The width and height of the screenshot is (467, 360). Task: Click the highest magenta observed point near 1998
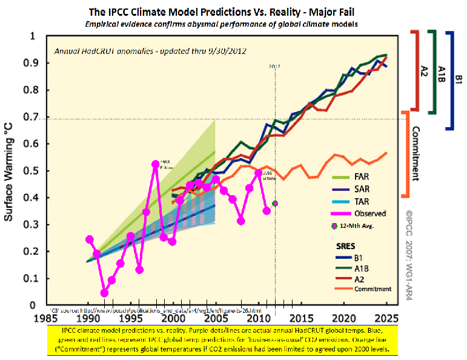[156, 165]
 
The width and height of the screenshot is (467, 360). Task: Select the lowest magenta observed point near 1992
[104, 293]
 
